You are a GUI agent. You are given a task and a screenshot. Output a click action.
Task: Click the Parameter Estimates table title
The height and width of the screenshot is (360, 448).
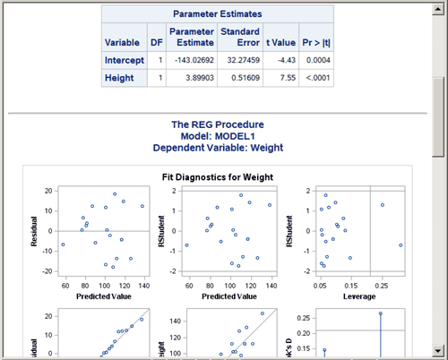tap(216, 14)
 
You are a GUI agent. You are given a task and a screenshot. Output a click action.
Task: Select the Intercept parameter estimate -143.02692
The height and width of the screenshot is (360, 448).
tap(191, 60)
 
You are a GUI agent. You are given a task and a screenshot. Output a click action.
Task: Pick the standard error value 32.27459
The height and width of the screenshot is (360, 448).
tap(240, 60)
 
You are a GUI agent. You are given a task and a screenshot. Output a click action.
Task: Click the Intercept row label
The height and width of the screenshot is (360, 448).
tap(124, 60)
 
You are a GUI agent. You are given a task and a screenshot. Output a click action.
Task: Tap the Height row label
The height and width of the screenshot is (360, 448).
tap(118, 78)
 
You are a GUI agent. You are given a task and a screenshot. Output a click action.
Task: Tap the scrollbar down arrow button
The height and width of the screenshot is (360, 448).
tap(438, 351)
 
